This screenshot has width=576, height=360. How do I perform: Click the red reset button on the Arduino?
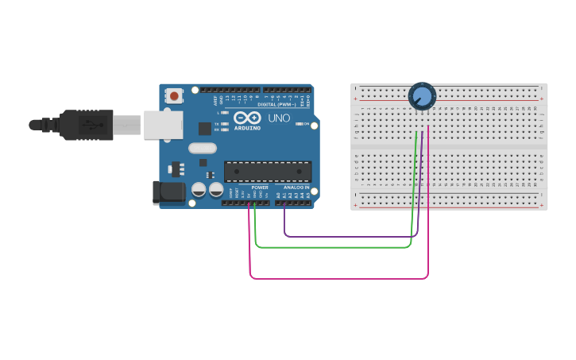tap(174, 96)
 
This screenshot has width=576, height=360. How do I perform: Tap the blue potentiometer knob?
tap(422, 97)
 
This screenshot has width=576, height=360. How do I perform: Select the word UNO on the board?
tap(279, 118)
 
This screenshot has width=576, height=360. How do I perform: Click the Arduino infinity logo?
tap(248, 118)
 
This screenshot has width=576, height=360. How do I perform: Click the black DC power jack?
tap(168, 192)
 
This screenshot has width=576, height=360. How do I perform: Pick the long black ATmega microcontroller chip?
tap(268, 172)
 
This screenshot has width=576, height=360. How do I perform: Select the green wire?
tap(334, 247)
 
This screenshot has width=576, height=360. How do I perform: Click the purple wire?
tap(350, 236)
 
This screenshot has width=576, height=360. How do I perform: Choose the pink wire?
tap(342, 278)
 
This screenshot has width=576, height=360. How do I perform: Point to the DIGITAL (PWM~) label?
tap(276, 104)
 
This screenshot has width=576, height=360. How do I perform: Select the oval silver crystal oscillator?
tap(203, 148)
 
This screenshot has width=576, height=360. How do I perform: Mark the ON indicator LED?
tap(299, 124)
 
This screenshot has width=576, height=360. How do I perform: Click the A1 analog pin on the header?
tap(284, 203)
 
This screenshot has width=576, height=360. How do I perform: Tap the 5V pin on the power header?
tap(249, 203)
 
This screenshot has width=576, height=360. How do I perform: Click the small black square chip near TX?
tap(204, 127)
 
